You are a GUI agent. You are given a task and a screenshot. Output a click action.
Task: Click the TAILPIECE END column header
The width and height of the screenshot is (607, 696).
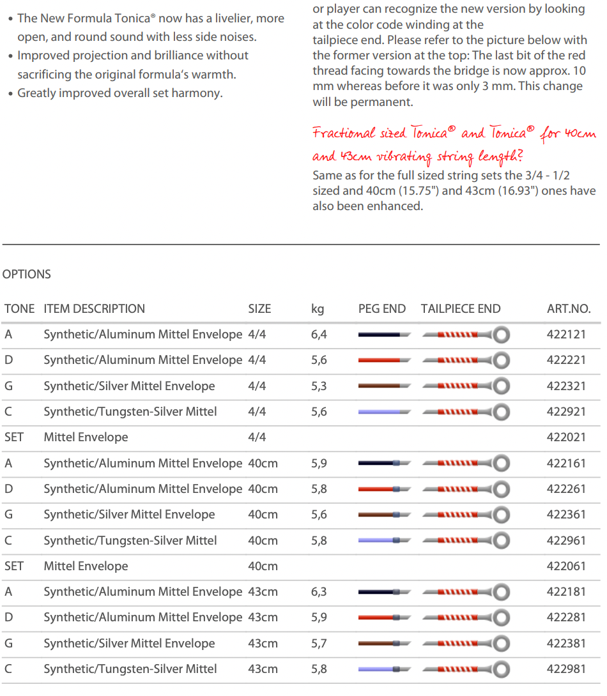[460, 309]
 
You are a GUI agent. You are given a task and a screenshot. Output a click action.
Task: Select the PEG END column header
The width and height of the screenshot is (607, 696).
[381, 309]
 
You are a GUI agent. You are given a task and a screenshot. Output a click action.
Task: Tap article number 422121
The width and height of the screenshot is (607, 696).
[566, 335]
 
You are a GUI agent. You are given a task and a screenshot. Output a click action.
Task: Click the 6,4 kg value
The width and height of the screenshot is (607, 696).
[319, 335]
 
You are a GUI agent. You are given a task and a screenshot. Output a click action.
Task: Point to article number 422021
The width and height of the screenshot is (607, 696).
[566, 437]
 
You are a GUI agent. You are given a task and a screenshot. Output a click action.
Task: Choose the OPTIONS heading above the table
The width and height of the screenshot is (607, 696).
[27, 275]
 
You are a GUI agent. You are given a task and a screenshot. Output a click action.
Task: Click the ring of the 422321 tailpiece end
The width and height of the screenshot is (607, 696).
[502, 386]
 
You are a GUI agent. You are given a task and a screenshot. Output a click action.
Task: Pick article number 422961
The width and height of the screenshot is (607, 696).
[566, 540]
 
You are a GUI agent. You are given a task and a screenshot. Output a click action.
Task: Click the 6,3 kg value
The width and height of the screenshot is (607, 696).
[319, 592]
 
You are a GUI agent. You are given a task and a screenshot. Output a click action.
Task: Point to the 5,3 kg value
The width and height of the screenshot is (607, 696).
[319, 386]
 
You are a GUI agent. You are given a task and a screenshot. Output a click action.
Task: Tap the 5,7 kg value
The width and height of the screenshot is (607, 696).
[319, 644]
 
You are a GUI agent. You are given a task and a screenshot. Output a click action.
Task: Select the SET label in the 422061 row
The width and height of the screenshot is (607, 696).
[14, 566]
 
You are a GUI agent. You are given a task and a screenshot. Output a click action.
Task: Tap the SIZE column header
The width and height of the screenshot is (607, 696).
[259, 309]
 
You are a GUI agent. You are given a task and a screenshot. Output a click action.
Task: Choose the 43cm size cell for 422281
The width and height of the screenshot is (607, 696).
[263, 617]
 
